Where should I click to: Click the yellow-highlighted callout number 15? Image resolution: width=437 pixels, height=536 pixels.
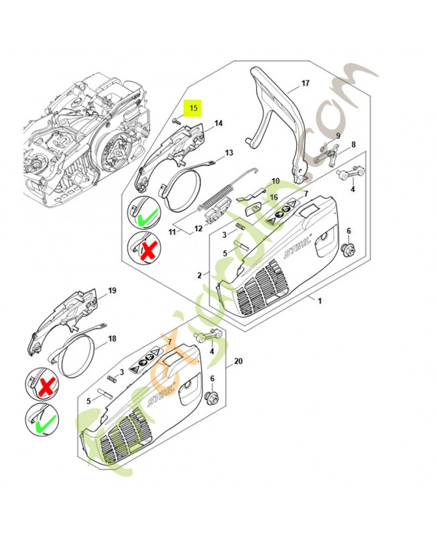point(194,108)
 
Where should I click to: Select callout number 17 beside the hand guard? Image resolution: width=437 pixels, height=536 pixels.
point(305,84)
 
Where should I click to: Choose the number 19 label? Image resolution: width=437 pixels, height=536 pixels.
point(112,290)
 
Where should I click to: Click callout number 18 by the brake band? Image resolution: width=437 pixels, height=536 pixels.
point(112,339)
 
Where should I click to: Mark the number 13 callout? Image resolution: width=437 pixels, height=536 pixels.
point(229,153)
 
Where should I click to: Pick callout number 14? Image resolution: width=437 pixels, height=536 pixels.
point(218,123)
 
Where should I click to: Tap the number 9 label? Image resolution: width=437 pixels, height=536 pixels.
point(338,136)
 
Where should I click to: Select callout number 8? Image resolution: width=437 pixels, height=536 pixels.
point(354,144)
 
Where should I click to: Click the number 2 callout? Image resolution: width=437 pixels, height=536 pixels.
point(199,275)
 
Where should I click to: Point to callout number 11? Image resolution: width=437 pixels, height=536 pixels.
point(172,232)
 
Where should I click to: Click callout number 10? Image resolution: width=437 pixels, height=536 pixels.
point(275,182)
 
